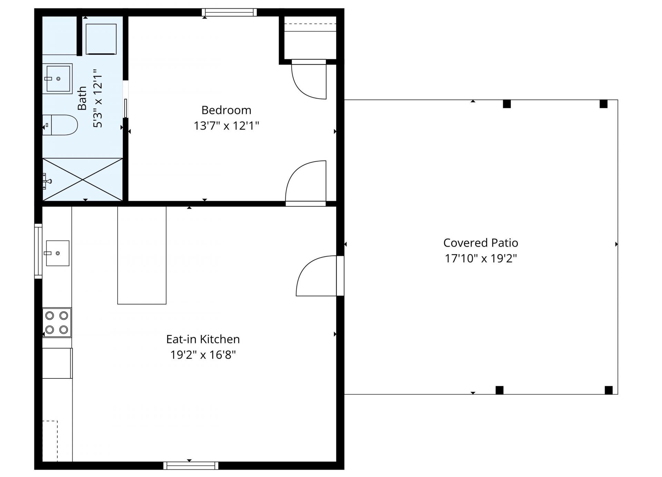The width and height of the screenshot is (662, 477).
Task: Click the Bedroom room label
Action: [x=226, y=110]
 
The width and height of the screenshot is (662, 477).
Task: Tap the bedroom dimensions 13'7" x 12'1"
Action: [x=226, y=126]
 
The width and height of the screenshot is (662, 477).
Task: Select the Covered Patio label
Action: [x=481, y=243]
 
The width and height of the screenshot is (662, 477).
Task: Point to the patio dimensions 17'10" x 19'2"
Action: [x=481, y=258]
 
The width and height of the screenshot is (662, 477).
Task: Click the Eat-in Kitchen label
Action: [x=203, y=339]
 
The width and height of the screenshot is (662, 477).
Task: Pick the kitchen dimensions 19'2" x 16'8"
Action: [x=203, y=355]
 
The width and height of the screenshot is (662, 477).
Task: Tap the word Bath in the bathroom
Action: [x=82, y=98]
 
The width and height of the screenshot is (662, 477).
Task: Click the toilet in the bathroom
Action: [x=62, y=125]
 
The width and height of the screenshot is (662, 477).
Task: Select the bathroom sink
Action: [x=58, y=79]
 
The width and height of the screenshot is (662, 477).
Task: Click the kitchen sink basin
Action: [x=57, y=253]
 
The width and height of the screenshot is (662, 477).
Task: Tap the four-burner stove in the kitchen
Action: [x=57, y=323]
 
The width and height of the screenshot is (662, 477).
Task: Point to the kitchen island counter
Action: [x=142, y=255]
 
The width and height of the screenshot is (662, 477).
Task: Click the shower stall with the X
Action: [x=83, y=179]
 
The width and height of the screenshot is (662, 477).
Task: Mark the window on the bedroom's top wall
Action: [x=229, y=12]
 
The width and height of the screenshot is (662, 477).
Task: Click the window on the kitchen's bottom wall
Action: [x=191, y=466]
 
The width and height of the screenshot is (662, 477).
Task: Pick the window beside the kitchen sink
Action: [x=38, y=251]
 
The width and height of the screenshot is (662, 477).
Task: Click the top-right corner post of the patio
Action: [x=603, y=104]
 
